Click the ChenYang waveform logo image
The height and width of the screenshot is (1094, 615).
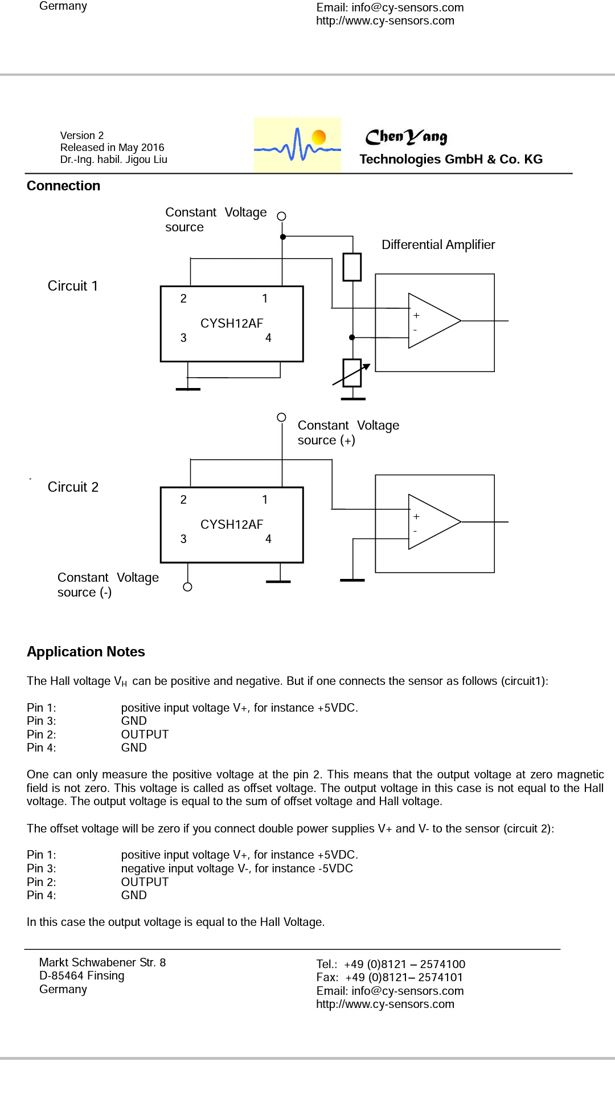pyautogui.click(x=297, y=145)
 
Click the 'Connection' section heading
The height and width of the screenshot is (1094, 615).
pyautogui.click(x=63, y=186)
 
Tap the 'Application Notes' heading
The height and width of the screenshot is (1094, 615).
pyautogui.click(x=86, y=652)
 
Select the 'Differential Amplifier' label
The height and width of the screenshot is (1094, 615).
pyautogui.click(x=438, y=244)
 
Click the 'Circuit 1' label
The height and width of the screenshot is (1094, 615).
pyautogui.click(x=73, y=285)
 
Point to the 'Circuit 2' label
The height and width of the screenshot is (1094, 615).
pyautogui.click(x=73, y=487)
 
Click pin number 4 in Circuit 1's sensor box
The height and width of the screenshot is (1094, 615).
pyautogui.click(x=268, y=338)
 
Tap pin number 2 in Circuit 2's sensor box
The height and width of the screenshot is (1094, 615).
pyautogui.click(x=183, y=500)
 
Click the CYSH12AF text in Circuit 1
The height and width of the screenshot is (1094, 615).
pyautogui.click(x=232, y=323)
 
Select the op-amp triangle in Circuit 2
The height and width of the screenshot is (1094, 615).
pyautogui.click(x=434, y=522)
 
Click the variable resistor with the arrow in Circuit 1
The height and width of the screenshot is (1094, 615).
pyautogui.click(x=352, y=373)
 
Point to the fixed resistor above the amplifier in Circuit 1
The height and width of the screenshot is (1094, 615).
pyautogui.click(x=352, y=267)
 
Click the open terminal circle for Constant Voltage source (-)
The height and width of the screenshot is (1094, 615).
pyautogui.click(x=187, y=587)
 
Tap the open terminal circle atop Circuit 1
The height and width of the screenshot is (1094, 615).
pyautogui.click(x=281, y=216)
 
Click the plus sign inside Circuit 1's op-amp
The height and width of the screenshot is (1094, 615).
pyautogui.click(x=416, y=315)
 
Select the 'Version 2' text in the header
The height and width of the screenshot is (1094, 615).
pyautogui.click(x=82, y=135)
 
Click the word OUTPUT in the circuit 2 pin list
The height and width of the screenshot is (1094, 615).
pyautogui.click(x=145, y=881)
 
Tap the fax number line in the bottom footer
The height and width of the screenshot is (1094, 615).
pyautogui.click(x=390, y=977)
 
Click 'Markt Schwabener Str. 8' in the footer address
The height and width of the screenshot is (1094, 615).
pyautogui.click(x=102, y=962)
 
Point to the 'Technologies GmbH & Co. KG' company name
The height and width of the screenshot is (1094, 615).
pyautogui.click(x=451, y=159)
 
